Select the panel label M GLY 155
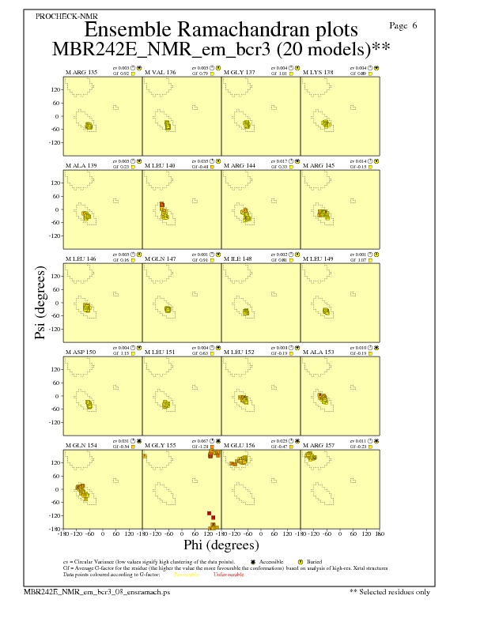pos(161,445)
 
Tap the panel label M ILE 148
pos(238,258)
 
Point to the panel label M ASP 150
pos(81,352)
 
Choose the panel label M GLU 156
pos(240,445)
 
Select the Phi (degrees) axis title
pos(221,545)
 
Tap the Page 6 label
pos(404,26)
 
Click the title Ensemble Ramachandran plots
pos(221,31)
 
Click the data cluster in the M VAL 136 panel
pos(168,125)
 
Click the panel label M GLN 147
pos(161,258)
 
